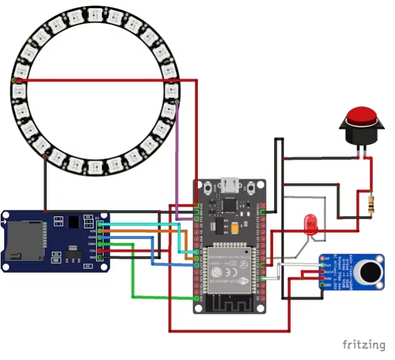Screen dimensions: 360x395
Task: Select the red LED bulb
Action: pos(310,223)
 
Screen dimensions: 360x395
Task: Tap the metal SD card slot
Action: pos(24,242)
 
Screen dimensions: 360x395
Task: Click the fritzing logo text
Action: pos(364,344)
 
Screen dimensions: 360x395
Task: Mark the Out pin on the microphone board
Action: pos(323,264)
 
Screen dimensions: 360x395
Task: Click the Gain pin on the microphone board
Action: pos(323,271)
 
